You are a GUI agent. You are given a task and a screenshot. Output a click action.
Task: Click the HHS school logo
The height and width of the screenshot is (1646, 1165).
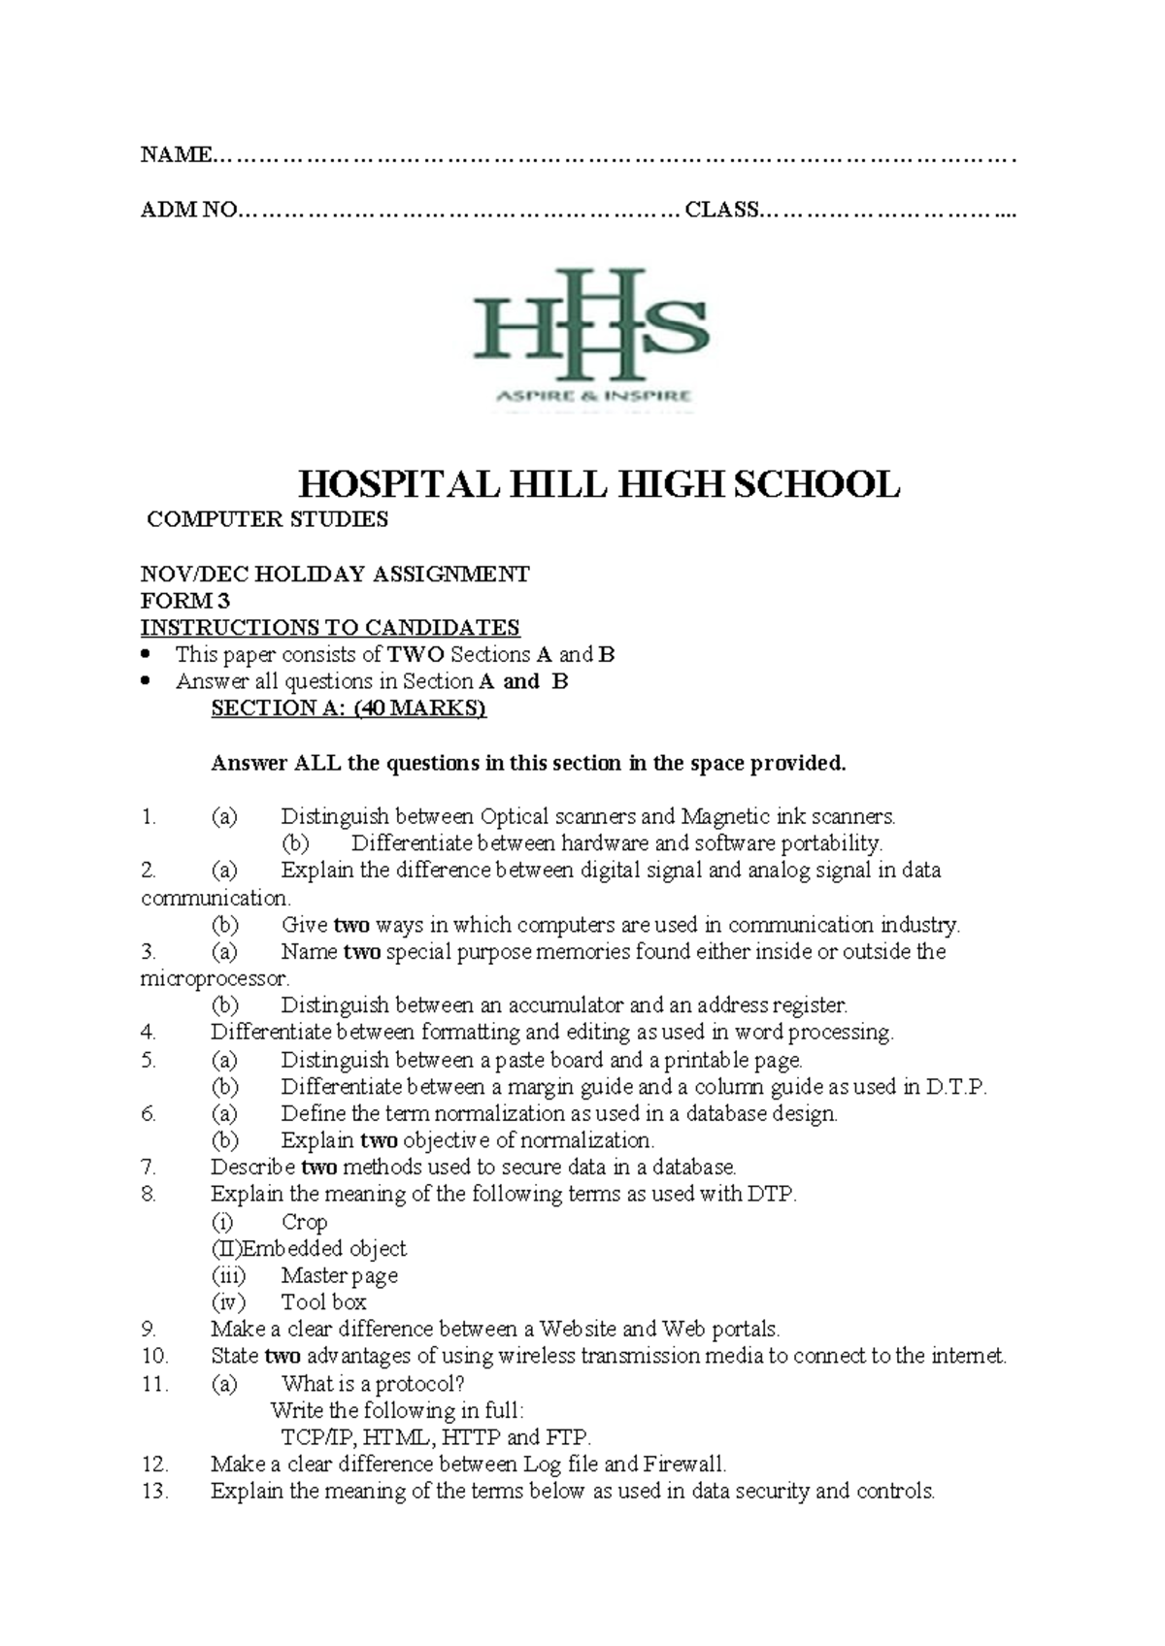click(590, 325)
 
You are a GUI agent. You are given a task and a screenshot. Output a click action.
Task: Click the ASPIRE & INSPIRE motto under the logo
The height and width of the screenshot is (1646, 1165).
click(593, 395)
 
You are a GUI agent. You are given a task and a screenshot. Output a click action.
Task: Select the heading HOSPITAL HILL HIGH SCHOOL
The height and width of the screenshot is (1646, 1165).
click(598, 483)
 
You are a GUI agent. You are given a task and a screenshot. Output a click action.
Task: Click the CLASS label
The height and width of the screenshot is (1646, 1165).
click(721, 210)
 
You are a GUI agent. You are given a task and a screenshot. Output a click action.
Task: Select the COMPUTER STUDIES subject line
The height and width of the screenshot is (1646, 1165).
click(267, 519)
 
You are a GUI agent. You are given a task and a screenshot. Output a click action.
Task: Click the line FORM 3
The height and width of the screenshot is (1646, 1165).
click(184, 601)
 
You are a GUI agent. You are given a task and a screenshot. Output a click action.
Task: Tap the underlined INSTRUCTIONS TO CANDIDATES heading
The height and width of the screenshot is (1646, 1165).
click(330, 627)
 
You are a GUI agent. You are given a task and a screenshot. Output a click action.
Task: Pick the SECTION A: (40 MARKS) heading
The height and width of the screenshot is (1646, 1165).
click(348, 708)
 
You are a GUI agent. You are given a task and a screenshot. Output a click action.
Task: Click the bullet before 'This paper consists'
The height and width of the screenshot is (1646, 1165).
click(147, 654)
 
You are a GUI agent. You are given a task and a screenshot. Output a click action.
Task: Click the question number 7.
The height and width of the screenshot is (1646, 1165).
click(149, 1168)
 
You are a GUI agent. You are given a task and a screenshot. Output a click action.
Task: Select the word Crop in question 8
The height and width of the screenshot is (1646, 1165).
click(304, 1222)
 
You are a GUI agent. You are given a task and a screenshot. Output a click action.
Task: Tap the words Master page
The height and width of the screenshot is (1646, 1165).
click(339, 1276)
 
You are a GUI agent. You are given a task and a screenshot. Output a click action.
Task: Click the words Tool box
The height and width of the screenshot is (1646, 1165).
click(323, 1302)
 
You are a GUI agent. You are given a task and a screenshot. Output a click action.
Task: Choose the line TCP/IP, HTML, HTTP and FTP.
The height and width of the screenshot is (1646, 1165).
click(435, 1437)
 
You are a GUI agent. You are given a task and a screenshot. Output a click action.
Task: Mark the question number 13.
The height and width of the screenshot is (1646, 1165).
click(154, 1492)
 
